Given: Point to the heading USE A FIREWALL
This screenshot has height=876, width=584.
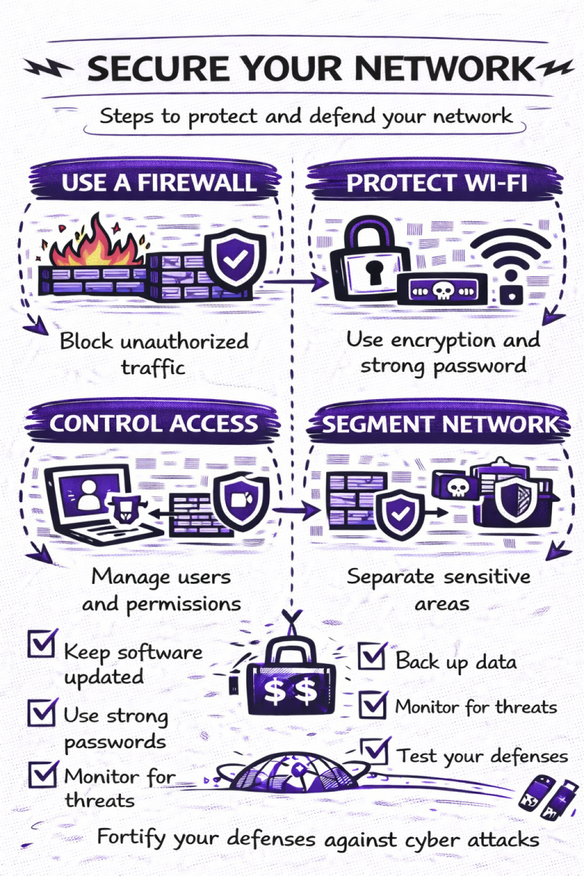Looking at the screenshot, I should coord(158,183).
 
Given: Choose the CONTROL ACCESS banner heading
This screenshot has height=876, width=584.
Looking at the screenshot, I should coord(154,423).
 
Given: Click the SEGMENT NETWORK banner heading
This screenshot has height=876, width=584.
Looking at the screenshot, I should coord(440,424).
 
